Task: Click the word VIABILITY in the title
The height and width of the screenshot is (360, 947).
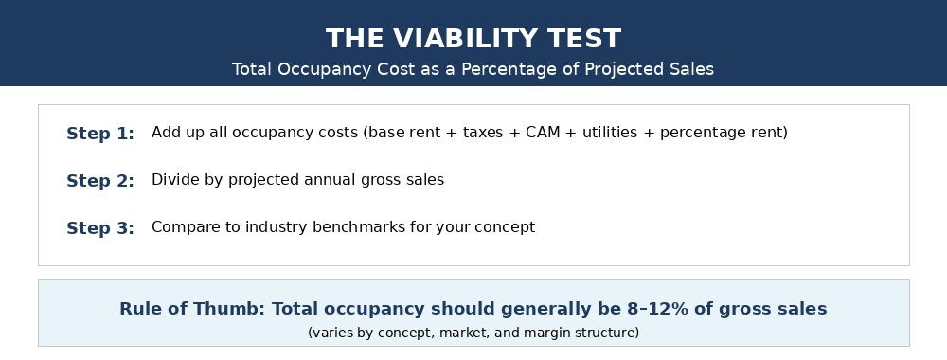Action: tap(465, 39)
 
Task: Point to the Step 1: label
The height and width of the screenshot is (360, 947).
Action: tap(100, 134)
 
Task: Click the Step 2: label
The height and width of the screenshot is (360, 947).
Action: tap(100, 181)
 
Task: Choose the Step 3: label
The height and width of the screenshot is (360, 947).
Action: tap(100, 227)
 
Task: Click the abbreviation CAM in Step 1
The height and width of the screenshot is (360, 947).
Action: tap(543, 133)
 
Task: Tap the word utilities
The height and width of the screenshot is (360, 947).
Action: tap(610, 133)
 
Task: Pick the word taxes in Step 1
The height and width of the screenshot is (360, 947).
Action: tap(483, 133)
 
